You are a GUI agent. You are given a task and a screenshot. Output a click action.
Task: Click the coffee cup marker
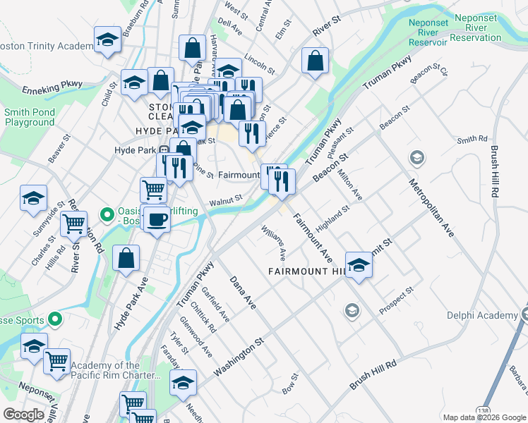coord(157,219)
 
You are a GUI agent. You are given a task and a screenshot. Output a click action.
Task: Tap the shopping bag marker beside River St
coord(315,61)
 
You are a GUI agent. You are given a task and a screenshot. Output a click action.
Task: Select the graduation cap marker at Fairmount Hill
coord(359,266)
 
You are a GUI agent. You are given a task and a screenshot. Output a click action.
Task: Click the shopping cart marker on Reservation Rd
coord(73,225)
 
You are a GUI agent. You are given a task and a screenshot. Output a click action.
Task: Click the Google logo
coord(23,415)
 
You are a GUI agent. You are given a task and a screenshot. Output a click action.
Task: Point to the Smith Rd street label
coord(472,140)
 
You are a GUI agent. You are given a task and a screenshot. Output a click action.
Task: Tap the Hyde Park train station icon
coord(163,150)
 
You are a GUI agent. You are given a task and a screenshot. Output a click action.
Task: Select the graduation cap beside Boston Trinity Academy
coord(107,40)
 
